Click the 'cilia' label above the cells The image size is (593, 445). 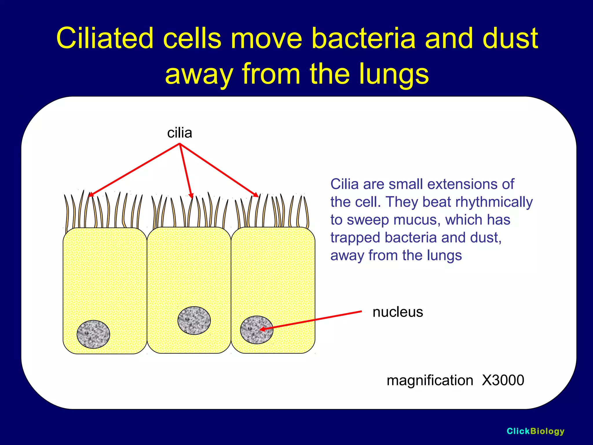(180, 133)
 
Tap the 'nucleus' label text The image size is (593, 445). (398, 312)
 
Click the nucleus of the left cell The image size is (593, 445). (93, 334)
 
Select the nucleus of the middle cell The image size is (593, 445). (194, 320)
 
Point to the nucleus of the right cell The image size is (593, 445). (257, 330)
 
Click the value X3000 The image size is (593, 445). (503, 380)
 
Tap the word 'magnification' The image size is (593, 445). (430, 380)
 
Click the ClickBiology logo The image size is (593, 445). (535, 431)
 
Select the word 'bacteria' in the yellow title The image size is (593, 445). (364, 38)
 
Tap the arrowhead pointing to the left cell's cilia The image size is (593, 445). (91, 195)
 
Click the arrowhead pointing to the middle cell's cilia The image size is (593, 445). (191, 196)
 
